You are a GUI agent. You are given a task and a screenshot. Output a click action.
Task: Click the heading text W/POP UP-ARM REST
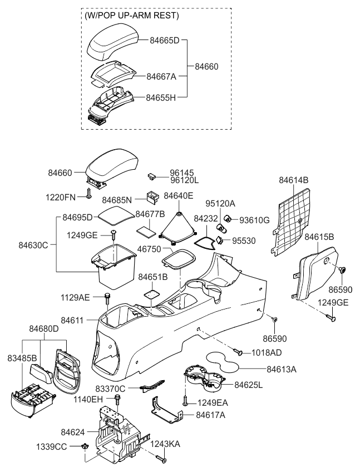[x=131, y=16]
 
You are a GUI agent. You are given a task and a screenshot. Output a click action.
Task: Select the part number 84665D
[x=165, y=40]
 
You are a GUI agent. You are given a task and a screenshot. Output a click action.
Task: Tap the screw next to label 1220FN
[x=88, y=194]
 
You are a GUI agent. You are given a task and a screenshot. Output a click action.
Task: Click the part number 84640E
[x=179, y=195]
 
